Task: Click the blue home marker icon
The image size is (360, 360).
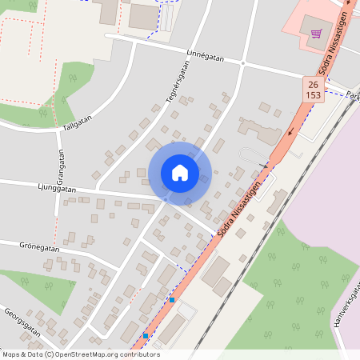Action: coord(180,173)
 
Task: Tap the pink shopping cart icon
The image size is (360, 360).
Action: coord(317,33)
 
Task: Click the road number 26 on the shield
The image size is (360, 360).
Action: coord(312,84)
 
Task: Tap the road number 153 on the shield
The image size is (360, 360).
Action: coord(312,94)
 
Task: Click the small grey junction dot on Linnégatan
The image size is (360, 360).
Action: coord(242,62)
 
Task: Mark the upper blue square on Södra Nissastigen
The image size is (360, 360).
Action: coord(172,300)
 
